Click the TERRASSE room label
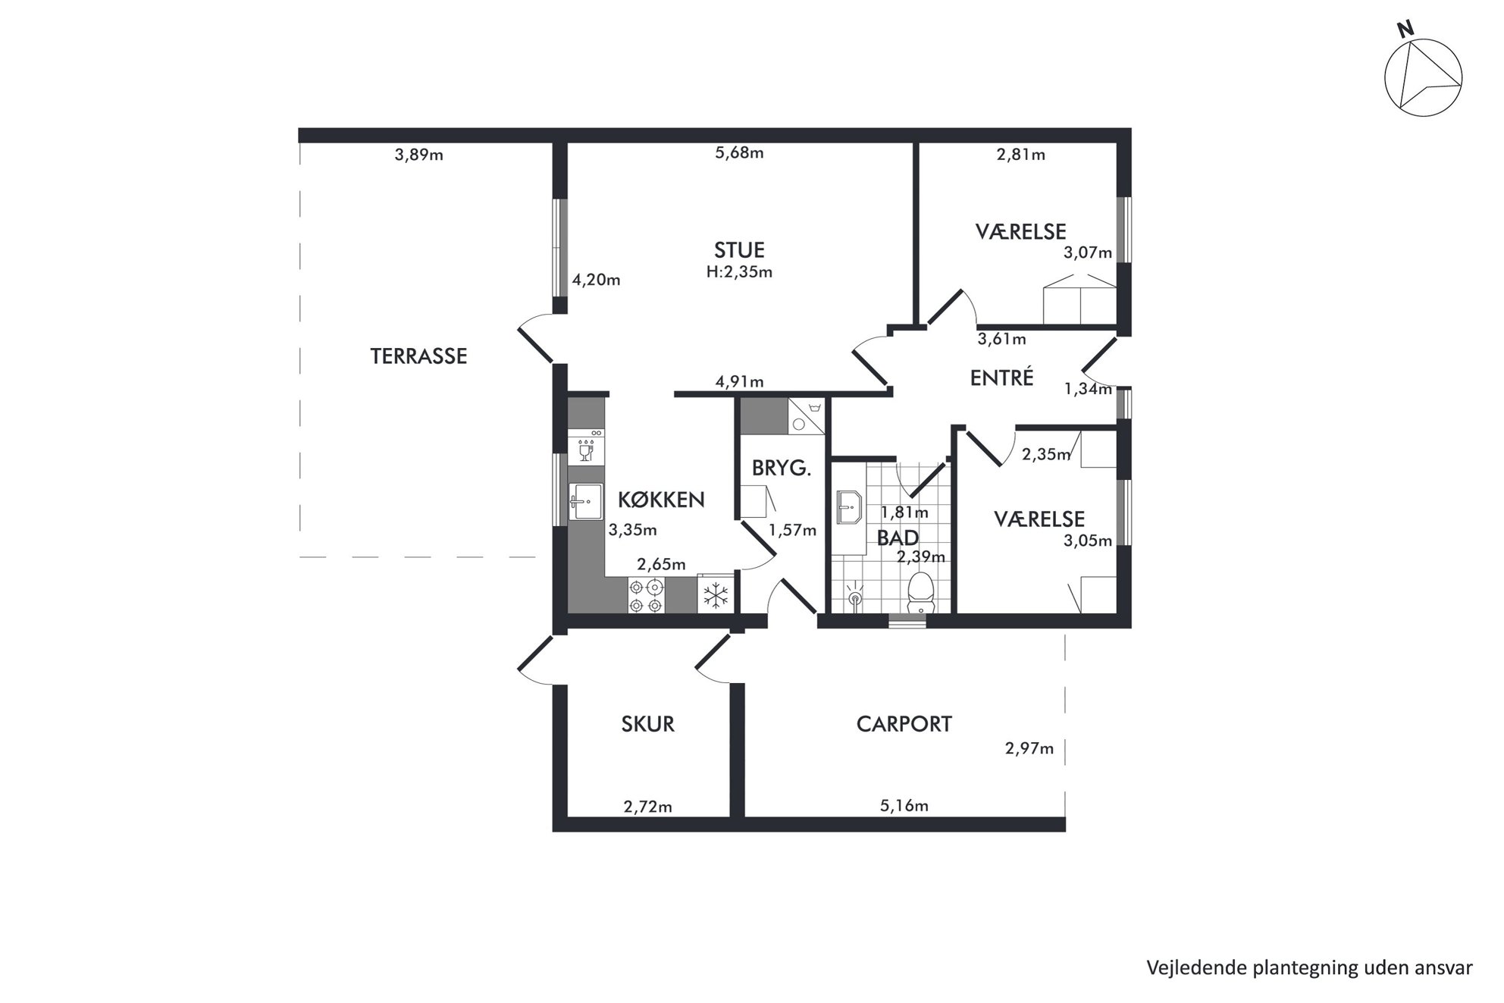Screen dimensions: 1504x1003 click(418, 356)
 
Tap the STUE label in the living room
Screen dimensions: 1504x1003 click(739, 249)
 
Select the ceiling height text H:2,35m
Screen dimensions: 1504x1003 click(739, 272)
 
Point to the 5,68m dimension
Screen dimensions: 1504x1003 click(739, 153)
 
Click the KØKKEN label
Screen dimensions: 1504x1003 click(661, 500)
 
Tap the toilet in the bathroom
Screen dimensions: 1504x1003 click(920, 593)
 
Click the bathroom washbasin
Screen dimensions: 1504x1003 click(849, 507)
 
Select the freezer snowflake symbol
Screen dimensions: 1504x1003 click(715, 595)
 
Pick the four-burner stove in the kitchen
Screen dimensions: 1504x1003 click(646, 596)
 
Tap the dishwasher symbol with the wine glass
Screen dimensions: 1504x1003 click(586, 448)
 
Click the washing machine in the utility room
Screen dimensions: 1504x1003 click(806, 416)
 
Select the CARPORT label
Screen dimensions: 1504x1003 click(904, 724)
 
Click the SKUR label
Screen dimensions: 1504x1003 click(647, 724)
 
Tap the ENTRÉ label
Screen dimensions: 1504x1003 click(1001, 377)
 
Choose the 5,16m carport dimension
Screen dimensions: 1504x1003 click(904, 806)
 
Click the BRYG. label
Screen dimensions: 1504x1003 click(782, 469)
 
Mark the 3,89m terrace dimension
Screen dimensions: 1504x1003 click(418, 155)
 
